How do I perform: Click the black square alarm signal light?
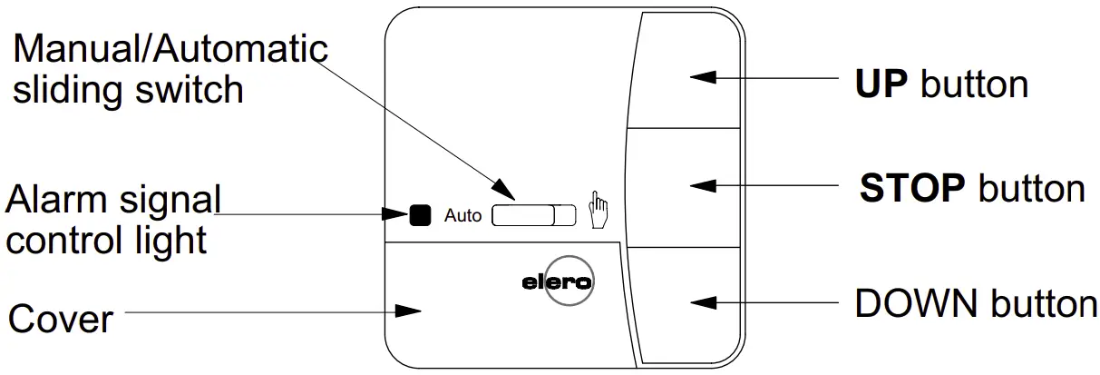[x=419, y=215]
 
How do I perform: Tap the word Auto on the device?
[x=462, y=216]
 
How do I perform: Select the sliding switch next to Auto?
[x=533, y=215]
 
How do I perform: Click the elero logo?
[x=558, y=282]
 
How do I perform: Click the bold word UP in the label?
[x=881, y=84]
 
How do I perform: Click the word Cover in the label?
[x=61, y=320]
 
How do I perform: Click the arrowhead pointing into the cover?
[x=410, y=311]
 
